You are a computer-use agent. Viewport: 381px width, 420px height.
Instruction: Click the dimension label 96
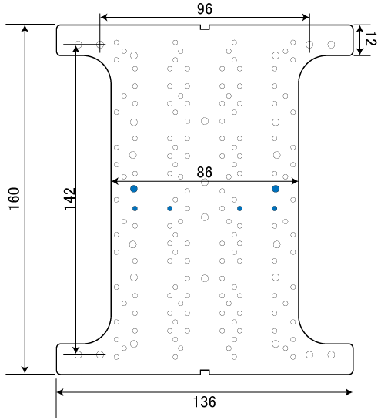pyautogui.click(x=205, y=8)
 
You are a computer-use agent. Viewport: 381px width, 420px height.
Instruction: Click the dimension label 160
pyautogui.click(x=15, y=199)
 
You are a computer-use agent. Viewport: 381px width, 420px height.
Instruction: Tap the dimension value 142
pyautogui.click(x=70, y=199)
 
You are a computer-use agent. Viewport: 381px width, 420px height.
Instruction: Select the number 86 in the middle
pyautogui.click(x=205, y=172)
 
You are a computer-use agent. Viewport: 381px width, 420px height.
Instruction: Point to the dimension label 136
pyautogui.click(x=205, y=402)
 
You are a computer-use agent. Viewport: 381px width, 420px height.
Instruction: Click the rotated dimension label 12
pyautogui.click(x=371, y=39)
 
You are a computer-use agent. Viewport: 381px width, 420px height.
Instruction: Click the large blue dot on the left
pyautogui.click(x=134, y=189)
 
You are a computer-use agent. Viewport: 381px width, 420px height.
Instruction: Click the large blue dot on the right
pyautogui.click(x=276, y=189)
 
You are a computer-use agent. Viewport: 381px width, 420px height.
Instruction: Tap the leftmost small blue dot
pyautogui.click(x=135, y=208)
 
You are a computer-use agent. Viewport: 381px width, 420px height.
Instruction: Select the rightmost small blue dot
pyautogui.click(x=275, y=208)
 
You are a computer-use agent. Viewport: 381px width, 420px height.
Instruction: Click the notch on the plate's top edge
pyautogui.click(x=205, y=27)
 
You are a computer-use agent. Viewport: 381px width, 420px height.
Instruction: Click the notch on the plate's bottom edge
pyautogui.click(x=205, y=372)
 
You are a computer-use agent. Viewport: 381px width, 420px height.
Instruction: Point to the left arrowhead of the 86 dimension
pyautogui.click(x=115, y=181)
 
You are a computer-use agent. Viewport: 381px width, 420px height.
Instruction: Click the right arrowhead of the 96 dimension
pyautogui.click(x=306, y=18)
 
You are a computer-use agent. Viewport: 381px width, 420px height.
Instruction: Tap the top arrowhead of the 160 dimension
pyautogui.click(x=25, y=29)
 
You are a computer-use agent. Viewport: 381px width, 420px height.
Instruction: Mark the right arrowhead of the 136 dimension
pyautogui.click(x=349, y=392)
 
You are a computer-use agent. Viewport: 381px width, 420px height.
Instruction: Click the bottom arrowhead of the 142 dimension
pyautogui.click(x=76, y=350)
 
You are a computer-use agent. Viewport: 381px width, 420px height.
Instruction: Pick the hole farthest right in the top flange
pyautogui.click(x=331, y=45)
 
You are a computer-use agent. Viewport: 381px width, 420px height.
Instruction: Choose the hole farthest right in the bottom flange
pyautogui.click(x=331, y=354)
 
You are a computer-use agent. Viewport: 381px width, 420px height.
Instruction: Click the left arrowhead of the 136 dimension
pyautogui.click(x=61, y=392)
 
